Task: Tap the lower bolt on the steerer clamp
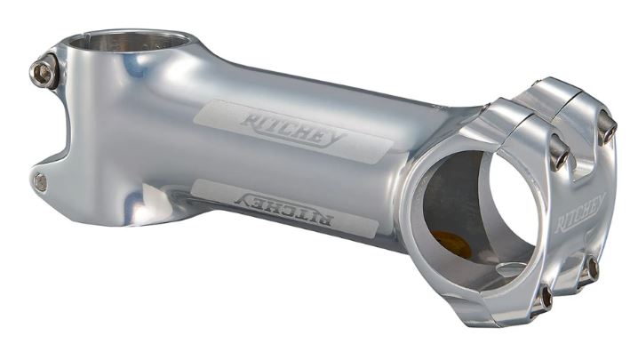point(40,182)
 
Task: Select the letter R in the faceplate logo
point(562,226)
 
